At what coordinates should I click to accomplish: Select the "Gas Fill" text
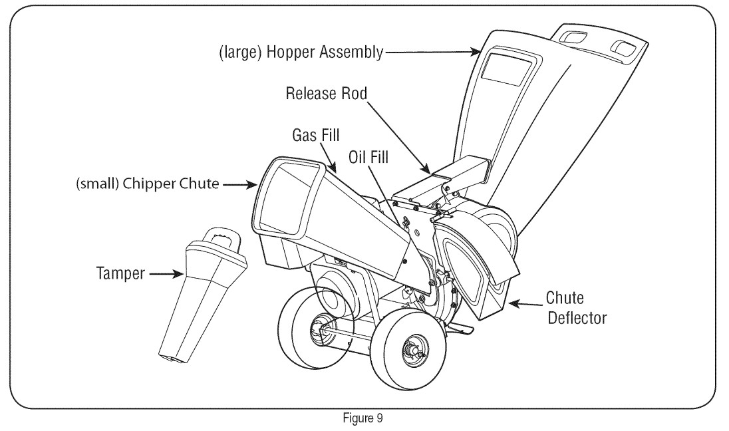click(x=316, y=136)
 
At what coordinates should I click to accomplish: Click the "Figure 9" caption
click(x=362, y=419)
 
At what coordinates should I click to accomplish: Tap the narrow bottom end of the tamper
click(x=174, y=358)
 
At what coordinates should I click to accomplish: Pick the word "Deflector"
click(x=576, y=318)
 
